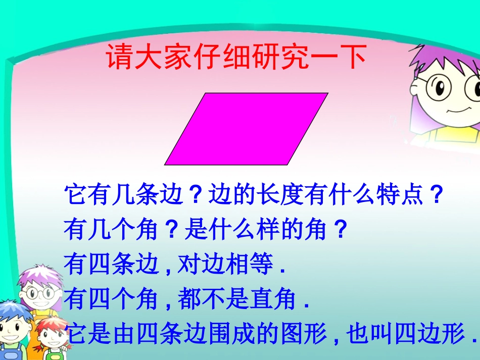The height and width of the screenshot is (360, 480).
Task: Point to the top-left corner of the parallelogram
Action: point(206,93)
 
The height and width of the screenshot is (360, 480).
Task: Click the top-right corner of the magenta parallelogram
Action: point(327,93)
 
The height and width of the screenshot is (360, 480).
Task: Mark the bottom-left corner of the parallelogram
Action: point(165,165)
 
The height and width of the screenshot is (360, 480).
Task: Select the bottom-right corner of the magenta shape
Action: point(287,165)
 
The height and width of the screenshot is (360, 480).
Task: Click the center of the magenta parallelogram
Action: point(247,129)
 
